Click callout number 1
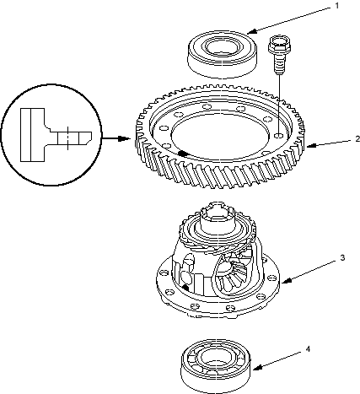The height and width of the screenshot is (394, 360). point(337,6)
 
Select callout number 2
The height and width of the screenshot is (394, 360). point(357,139)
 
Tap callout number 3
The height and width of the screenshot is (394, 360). point(342,257)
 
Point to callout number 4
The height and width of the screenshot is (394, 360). point(308,349)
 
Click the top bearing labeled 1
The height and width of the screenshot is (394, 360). point(222,54)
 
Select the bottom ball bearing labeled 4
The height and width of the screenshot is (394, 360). point(215,366)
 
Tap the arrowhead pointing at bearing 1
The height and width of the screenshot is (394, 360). point(252,31)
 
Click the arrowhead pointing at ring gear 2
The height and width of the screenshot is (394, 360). point(311,146)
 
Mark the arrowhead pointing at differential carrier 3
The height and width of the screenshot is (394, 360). point(286,281)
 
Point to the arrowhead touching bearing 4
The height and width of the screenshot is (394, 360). point(257,368)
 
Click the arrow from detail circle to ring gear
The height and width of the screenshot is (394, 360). point(116,138)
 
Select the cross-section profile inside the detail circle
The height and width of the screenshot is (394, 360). point(56,135)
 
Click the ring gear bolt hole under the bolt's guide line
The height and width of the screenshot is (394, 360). point(279,136)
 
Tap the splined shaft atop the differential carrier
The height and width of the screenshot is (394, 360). point(218,218)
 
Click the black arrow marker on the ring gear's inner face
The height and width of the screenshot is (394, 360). point(184,154)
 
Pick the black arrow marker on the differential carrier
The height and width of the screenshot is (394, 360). point(185,288)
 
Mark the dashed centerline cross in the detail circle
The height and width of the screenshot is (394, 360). point(67,138)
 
